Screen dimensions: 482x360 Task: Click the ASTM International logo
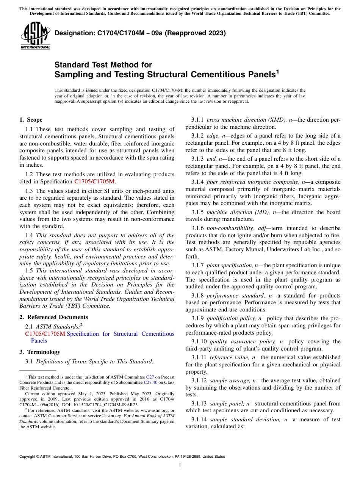(35, 36)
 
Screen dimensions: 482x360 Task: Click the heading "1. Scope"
(31, 120)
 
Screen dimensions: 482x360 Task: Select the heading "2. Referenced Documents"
(54, 317)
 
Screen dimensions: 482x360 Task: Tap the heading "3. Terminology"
(40, 352)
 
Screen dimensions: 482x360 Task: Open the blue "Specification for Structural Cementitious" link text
(120, 334)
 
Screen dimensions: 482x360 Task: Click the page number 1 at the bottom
(180, 466)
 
